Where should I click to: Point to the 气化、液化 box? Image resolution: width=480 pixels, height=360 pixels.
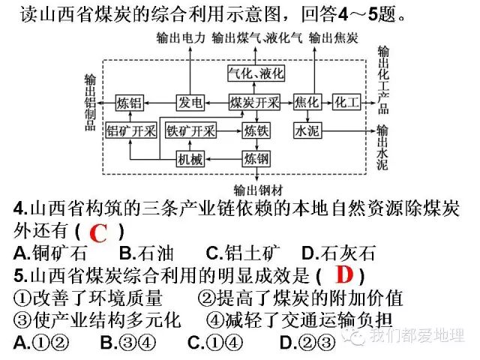coord(254,73)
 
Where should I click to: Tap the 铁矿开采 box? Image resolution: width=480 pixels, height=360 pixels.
coord(190,130)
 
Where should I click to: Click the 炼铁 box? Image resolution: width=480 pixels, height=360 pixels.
coord(255,130)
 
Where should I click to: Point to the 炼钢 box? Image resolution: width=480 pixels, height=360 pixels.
coord(255,158)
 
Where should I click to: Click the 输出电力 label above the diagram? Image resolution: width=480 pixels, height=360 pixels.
coord(180,37)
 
